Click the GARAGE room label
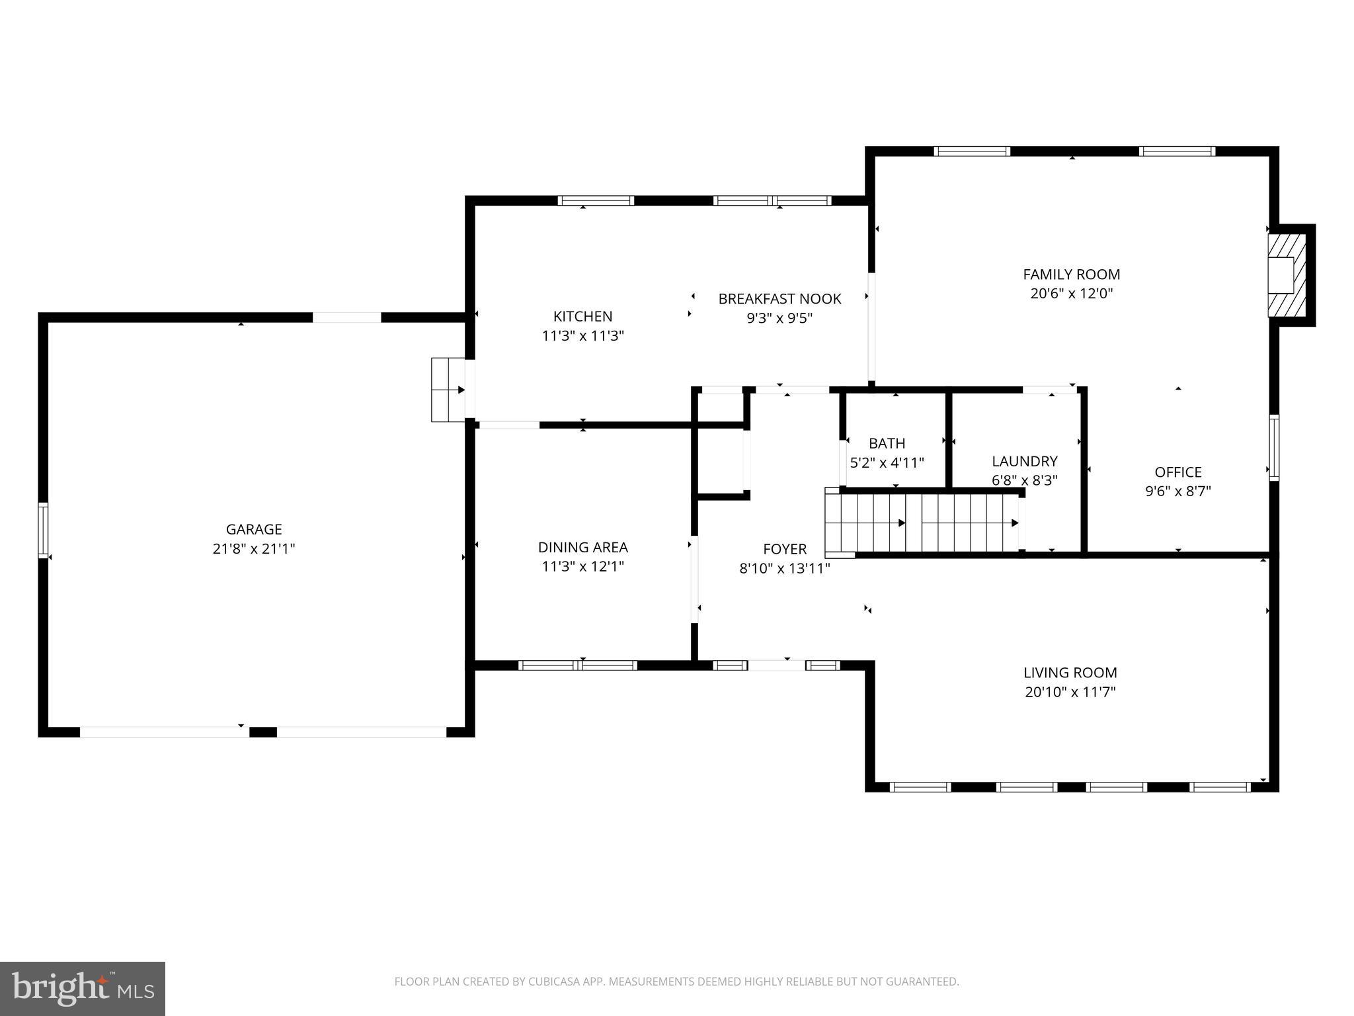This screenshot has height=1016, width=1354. pyautogui.click(x=254, y=529)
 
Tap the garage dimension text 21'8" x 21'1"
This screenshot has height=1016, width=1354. pyautogui.click(x=254, y=548)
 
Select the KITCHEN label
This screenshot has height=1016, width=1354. pyautogui.click(x=582, y=316)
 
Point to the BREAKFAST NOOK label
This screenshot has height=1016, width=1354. pyautogui.click(x=779, y=299)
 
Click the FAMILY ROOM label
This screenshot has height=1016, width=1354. pyautogui.click(x=1071, y=275)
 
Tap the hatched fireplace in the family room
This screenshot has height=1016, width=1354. pyautogui.click(x=1287, y=275)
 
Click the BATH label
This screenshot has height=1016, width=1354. pyautogui.click(x=887, y=443)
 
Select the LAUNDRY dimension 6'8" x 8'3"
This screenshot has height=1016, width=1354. pyautogui.click(x=1024, y=480)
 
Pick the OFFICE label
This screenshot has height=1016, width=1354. pyautogui.click(x=1177, y=472)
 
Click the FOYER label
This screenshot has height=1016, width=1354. pyautogui.click(x=785, y=549)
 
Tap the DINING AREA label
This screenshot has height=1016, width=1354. pyautogui.click(x=582, y=547)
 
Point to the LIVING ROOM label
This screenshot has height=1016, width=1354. pyautogui.click(x=1070, y=673)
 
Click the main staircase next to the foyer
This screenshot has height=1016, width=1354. pyautogui.click(x=922, y=523)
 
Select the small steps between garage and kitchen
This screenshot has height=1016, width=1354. pyautogui.click(x=448, y=390)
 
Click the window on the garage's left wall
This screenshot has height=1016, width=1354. pyautogui.click(x=44, y=530)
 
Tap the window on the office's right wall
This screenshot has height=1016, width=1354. pyautogui.click(x=1273, y=447)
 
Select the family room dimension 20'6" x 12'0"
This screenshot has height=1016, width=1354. pyautogui.click(x=1071, y=294)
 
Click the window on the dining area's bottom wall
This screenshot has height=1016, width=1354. pyautogui.click(x=578, y=665)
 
